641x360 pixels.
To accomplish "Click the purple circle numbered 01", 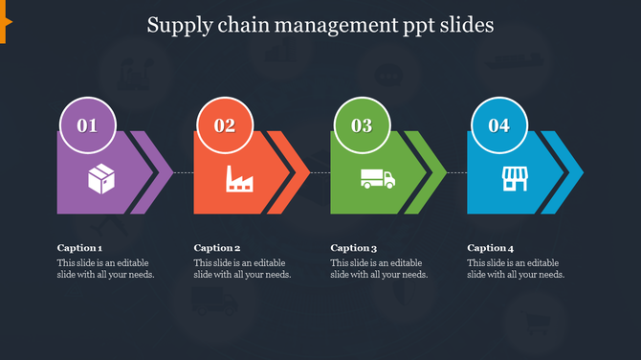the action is [x=88, y=125].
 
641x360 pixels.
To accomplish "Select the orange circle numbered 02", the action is [x=225, y=125].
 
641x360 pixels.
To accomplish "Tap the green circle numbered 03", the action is [x=362, y=125].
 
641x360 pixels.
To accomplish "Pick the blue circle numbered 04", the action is [x=498, y=125].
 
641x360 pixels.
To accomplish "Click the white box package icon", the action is [x=101, y=178].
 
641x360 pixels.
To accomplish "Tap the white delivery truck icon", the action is [x=377, y=178].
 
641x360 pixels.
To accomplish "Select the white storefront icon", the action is [x=515, y=178].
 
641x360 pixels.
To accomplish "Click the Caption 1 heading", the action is [x=79, y=248].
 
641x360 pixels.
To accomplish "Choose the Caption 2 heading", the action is [x=216, y=248].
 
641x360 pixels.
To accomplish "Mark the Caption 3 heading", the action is [x=354, y=248].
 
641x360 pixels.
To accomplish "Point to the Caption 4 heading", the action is [x=491, y=248].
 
